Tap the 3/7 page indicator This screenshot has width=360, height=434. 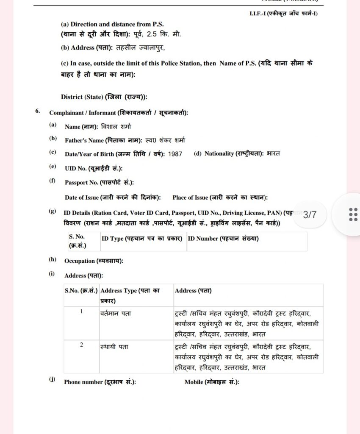click(310, 215)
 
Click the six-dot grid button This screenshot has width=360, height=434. click(353, 214)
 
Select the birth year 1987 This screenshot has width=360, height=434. click(175, 154)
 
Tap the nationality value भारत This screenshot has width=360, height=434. click(274, 153)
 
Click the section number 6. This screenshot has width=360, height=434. click(38, 111)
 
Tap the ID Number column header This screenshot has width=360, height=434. click(223, 239)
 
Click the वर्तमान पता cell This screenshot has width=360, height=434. click(116, 314)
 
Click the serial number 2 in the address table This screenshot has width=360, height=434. click(82, 345)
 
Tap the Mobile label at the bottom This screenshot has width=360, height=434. click(212, 382)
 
